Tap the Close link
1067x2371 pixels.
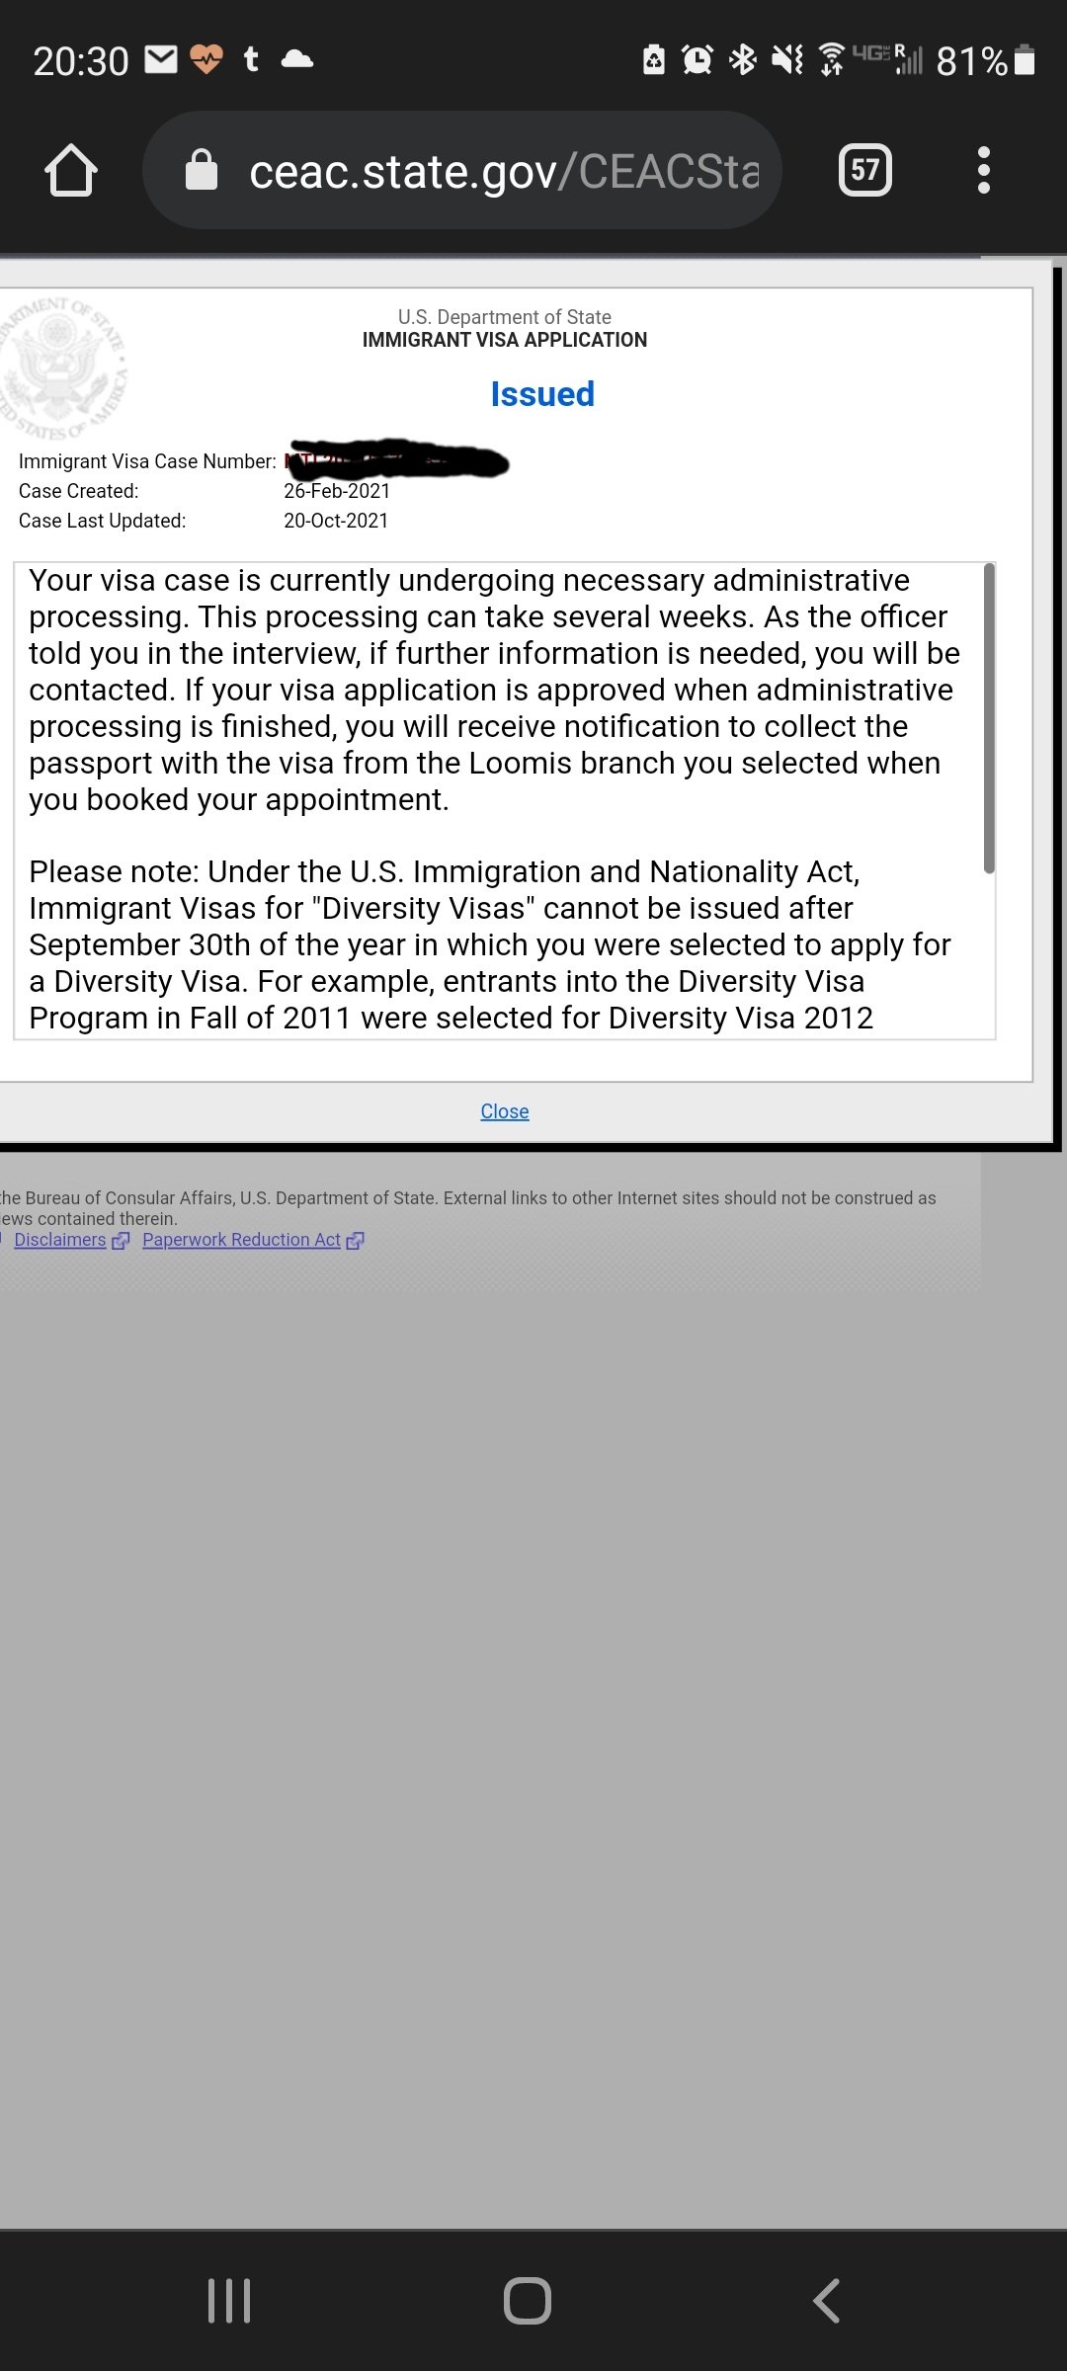504,1111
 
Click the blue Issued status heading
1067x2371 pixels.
542,394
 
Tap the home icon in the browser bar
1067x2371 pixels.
71,171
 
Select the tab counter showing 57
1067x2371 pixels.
864,170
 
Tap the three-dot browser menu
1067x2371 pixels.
983,170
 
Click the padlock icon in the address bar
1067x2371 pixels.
202,170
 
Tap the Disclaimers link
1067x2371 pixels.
60,1240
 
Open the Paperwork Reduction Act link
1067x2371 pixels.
241,1240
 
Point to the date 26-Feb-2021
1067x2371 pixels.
337,491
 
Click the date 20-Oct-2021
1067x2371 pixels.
336,521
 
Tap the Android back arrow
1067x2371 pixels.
826,2300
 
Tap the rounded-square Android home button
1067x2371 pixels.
528,2300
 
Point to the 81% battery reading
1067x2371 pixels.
971,61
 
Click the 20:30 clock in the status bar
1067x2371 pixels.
81,61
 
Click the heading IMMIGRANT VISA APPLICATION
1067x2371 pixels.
504,340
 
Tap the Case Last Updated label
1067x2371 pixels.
102,521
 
